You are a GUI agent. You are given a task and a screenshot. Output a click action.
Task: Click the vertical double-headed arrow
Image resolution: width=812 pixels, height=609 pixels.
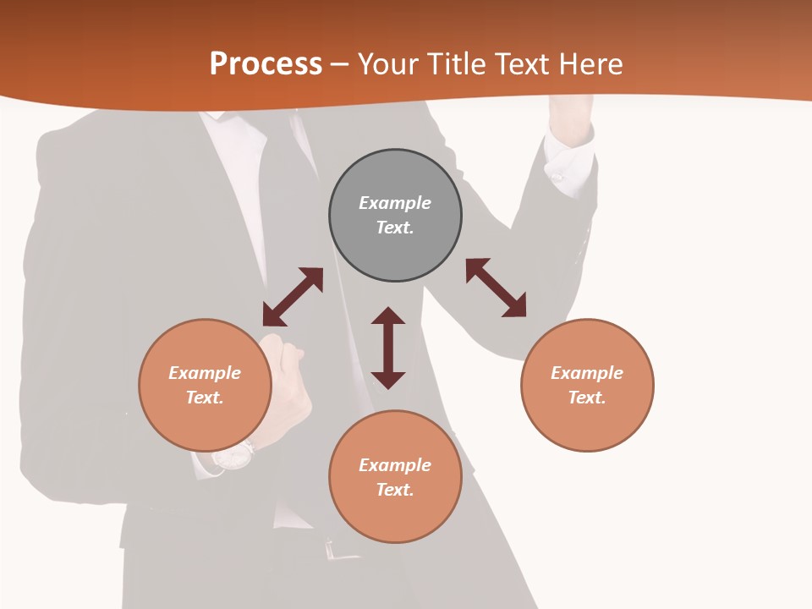pos(388,348)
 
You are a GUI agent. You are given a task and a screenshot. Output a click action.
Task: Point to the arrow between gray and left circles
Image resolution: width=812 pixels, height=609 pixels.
pos(293,297)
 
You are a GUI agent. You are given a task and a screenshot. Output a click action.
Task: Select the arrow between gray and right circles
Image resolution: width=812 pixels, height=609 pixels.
pos(496,288)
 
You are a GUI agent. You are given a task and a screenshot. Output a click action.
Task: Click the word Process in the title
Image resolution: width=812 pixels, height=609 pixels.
pos(266,63)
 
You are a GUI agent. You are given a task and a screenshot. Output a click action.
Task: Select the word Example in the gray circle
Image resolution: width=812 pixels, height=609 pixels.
pos(395,203)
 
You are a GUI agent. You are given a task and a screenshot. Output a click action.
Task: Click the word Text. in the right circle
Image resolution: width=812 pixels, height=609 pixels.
pos(587,398)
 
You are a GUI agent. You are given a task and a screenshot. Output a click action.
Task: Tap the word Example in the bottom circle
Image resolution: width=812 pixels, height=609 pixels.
pos(395,465)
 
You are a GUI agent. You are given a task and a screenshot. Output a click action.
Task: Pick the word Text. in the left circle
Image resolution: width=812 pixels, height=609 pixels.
pos(205,398)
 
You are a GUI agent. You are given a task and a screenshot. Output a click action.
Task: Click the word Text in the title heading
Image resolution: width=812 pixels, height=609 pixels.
pos(520,63)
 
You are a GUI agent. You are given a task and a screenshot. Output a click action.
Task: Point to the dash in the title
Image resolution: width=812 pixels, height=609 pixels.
pos(340,64)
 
